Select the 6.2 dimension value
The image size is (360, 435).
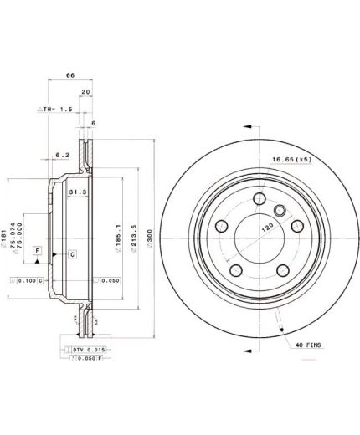coord(62,155)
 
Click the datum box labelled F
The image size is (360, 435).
coord(37,251)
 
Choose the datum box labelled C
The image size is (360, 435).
coord(72,253)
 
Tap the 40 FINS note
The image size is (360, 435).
coord(310,343)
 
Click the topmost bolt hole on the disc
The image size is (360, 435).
coord(259,197)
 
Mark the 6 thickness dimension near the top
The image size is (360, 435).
coord(93,123)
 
